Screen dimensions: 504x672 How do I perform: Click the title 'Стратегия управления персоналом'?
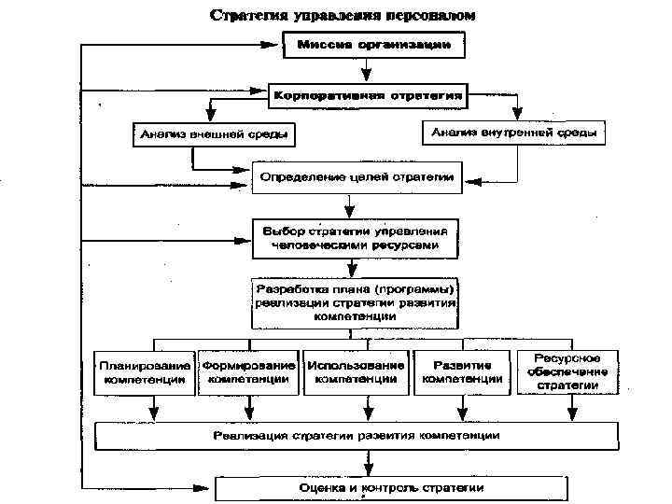[343, 16]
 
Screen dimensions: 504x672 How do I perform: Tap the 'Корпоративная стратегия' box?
[368, 94]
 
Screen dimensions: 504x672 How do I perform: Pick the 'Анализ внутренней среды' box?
[513, 133]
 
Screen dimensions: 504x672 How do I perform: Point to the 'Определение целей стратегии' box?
[357, 176]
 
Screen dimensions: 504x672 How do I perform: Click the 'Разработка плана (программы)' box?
[355, 301]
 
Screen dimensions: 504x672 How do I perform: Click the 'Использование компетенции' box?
[357, 372]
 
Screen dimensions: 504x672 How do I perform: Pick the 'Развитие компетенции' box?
[463, 372]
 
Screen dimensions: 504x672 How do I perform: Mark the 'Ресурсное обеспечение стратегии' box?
[567, 371]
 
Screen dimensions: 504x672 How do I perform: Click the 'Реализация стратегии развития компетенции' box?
[357, 436]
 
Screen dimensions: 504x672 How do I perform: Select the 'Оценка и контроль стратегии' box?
[391, 488]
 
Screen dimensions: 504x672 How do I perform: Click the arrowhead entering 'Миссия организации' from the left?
[279, 45]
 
